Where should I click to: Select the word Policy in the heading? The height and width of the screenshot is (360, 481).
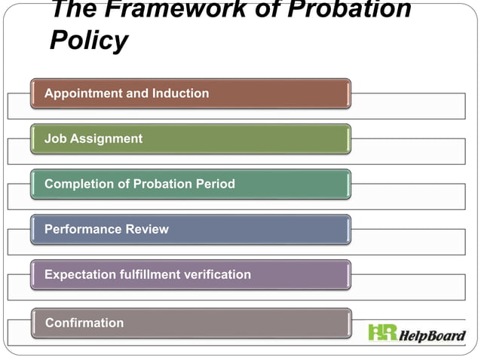[88, 41]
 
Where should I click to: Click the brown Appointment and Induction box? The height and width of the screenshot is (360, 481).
[190, 93]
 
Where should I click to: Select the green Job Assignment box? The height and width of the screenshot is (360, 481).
[190, 139]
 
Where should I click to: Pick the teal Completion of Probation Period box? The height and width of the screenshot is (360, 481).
[190, 184]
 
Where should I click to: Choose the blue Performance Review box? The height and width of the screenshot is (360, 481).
[190, 229]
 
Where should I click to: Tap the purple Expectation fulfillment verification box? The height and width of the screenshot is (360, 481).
[190, 274]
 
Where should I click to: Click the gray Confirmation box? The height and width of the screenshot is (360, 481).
[190, 322]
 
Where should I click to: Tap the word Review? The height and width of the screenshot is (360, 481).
[148, 229]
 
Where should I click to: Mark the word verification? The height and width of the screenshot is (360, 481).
[216, 274]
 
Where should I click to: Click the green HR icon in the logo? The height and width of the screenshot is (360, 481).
[382, 332]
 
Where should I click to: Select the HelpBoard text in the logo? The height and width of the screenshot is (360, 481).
[432, 334]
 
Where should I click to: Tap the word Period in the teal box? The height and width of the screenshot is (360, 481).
[216, 184]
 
